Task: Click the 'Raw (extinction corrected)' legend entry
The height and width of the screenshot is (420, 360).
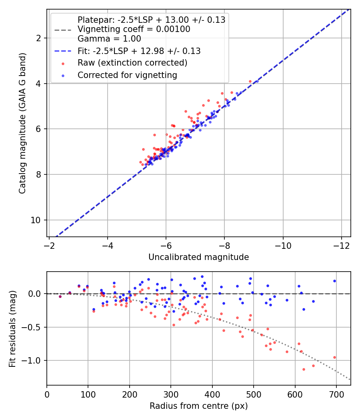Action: click(132, 63)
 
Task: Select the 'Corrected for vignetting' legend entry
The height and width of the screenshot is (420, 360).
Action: click(127, 75)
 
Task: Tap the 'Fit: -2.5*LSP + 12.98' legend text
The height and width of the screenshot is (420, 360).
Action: click(139, 51)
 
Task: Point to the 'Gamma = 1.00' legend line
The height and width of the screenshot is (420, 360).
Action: click(109, 39)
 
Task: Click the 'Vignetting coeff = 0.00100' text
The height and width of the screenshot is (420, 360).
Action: click(134, 29)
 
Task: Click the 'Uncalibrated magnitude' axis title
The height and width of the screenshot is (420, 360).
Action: click(198, 257)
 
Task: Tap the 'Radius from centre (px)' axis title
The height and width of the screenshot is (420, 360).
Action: click(198, 406)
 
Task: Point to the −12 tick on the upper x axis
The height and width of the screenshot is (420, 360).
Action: click(341, 244)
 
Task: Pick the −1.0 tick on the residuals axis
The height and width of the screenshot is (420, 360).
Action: click(33, 360)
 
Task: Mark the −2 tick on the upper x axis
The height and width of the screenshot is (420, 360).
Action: click(49, 244)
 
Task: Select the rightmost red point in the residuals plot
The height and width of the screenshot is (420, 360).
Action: click(334, 357)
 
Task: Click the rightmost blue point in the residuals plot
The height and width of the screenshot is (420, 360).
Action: click(334, 281)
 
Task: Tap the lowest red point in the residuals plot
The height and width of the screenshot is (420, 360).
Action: click(304, 369)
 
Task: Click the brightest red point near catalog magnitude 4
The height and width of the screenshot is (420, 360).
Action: click(250, 81)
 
